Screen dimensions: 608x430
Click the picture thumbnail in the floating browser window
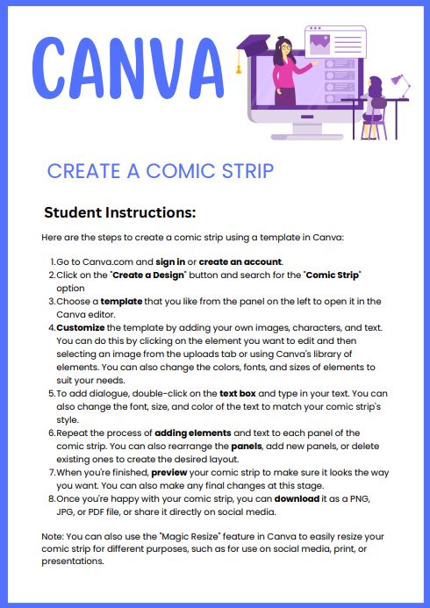(319, 38)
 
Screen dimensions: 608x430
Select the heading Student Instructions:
(119, 212)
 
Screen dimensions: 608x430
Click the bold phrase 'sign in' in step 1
(175, 261)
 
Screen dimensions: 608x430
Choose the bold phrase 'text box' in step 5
(239, 394)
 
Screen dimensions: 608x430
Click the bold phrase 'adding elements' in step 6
(191, 433)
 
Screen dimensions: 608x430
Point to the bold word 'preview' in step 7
(170, 473)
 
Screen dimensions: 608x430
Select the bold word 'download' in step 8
(302, 499)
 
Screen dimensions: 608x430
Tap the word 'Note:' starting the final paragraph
(53, 537)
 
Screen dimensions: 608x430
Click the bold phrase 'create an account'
(240, 261)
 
